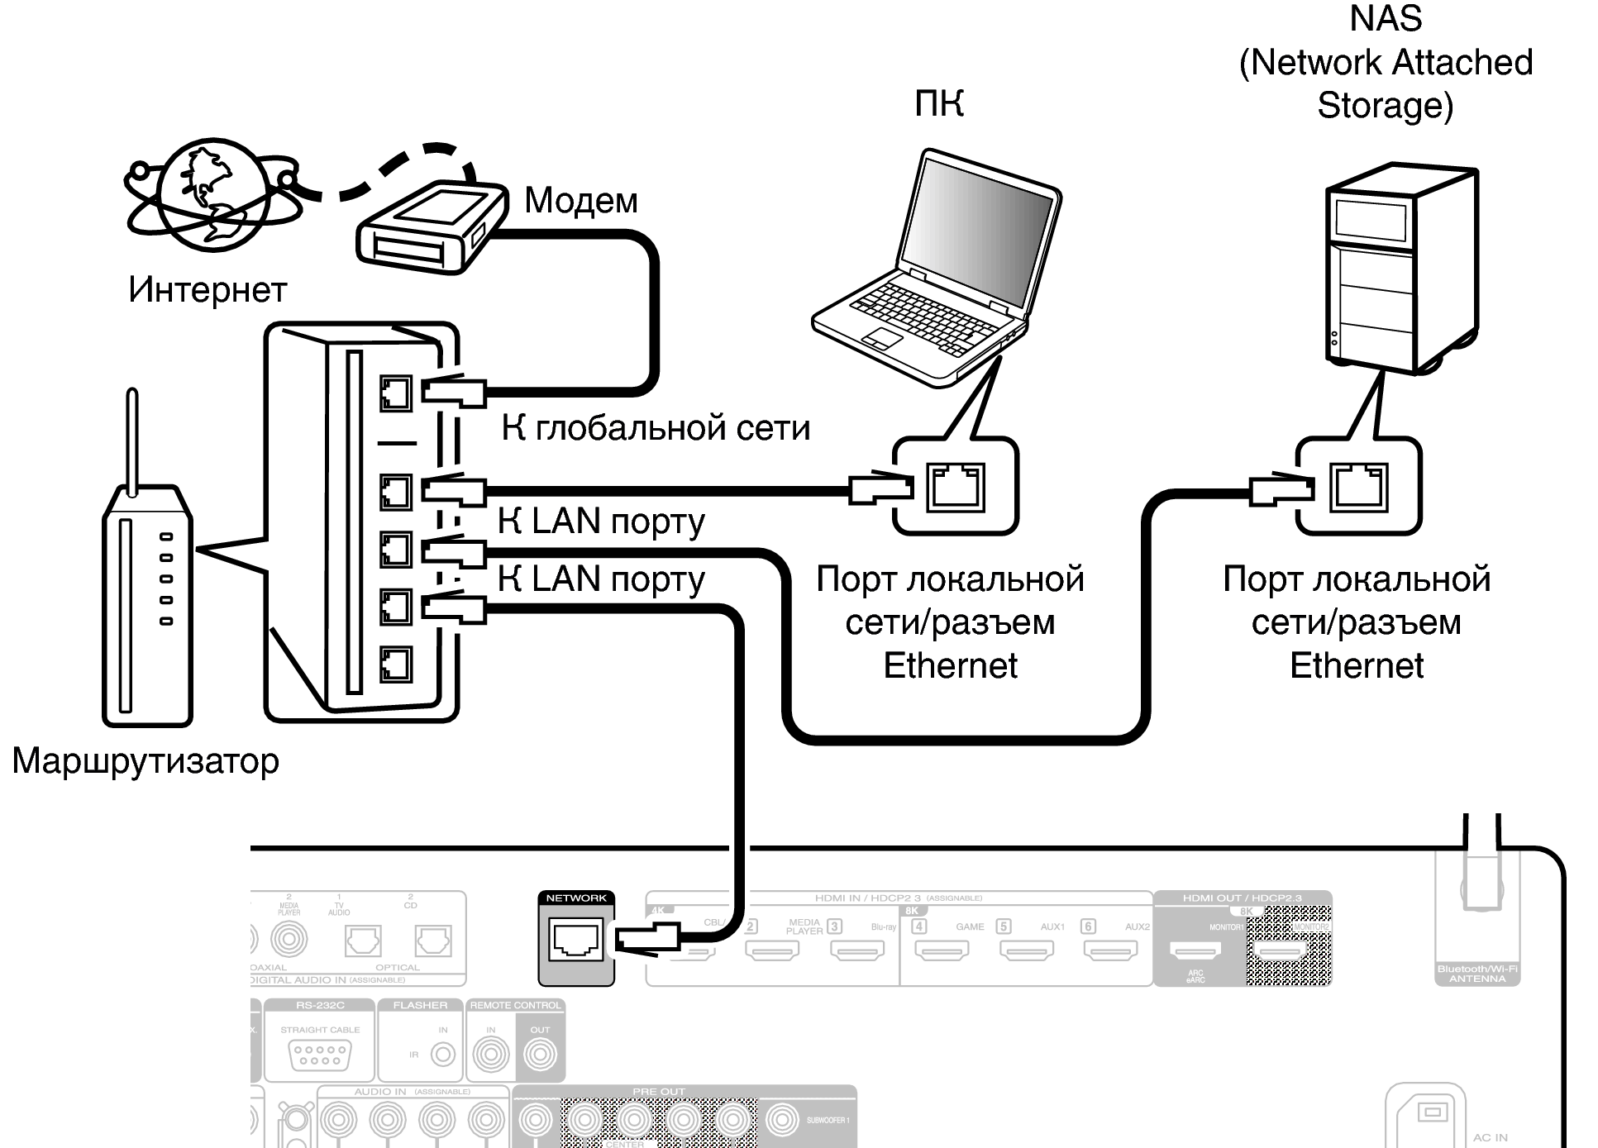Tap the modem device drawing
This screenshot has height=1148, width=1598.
tap(430, 227)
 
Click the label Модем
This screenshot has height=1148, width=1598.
tap(580, 200)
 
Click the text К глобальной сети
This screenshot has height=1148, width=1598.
tap(656, 428)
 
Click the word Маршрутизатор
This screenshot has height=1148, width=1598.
tap(145, 760)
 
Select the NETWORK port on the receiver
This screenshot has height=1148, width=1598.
tap(576, 940)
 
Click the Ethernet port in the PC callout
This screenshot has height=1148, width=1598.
tap(956, 487)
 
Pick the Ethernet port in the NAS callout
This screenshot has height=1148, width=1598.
tap(1358, 487)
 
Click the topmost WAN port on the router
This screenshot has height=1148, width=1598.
tap(396, 393)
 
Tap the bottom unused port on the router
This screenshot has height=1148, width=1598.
tap(396, 664)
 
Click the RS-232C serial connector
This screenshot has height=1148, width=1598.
tap(320, 1055)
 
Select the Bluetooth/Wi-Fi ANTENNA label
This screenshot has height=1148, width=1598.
tap(1477, 974)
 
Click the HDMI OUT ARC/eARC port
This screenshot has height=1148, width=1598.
tap(1195, 950)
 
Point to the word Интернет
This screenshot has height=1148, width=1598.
tap(208, 290)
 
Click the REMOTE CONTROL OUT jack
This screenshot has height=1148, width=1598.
tap(541, 1055)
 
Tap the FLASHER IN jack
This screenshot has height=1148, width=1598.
tap(444, 1055)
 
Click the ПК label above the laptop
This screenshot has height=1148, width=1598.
tap(939, 104)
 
